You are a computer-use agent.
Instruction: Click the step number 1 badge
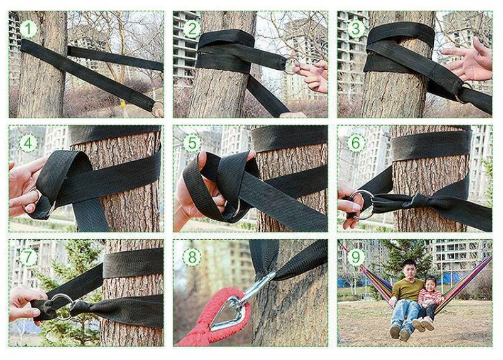tap(28, 29)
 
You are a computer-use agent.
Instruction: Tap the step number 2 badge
tap(192, 29)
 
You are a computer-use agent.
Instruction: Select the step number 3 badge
tap(356, 29)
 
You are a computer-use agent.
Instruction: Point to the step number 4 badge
tap(28, 143)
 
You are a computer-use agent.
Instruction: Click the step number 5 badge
tap(192, 143)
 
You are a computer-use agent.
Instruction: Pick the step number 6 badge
tap(356, 143)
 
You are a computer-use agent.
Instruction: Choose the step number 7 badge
tap(28, 257)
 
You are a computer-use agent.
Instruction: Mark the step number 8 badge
tap(192, 257)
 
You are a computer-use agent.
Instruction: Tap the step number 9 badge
tap(356, 257)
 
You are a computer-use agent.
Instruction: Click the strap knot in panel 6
tap(417, 201)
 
